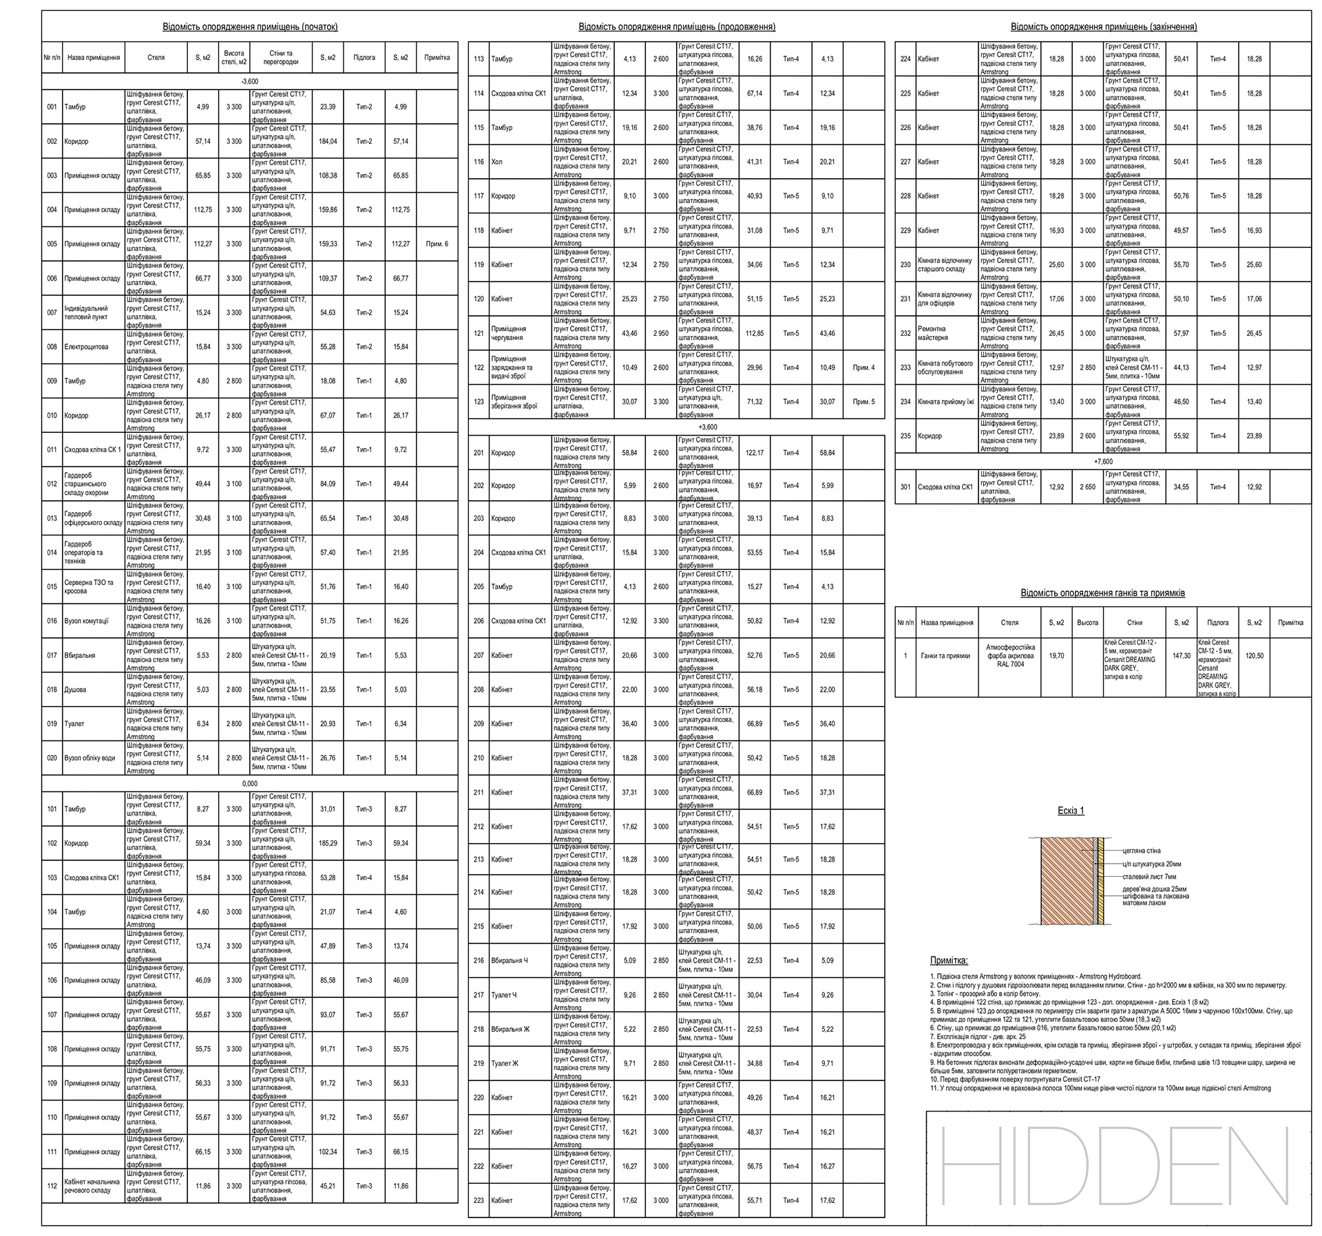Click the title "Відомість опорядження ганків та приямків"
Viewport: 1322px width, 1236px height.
coord(1103,593)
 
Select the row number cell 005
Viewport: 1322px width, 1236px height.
coord(52,244)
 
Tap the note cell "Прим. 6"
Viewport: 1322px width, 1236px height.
coord(437,244)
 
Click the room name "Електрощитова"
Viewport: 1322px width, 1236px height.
coord(86,347)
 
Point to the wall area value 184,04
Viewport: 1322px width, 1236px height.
coord(328,142)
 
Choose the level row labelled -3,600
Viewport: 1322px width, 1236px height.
coord(250,81)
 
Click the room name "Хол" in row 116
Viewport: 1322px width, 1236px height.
coord(497,162)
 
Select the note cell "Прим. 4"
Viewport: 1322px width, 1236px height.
coord(863,367)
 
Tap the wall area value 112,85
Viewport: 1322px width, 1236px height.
coord(755,334)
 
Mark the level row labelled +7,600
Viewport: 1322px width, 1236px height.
coord(1103,462)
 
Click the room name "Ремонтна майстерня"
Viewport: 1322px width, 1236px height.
coord(932,334)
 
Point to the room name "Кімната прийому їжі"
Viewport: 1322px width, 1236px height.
coord(945,402)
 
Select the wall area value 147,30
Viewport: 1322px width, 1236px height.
coord(1181,656)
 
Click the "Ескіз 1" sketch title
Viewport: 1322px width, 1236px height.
coord(1071,811)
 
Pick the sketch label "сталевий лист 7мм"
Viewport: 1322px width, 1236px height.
coord(1149,877)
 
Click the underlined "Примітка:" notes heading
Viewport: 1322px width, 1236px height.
coord(949,961)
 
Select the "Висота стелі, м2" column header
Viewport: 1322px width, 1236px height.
coord(234,58)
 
